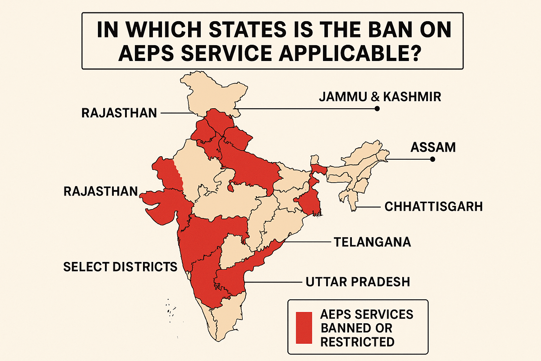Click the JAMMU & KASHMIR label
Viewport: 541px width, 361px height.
pos(380,97)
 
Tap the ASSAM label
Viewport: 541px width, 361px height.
pos(433,147)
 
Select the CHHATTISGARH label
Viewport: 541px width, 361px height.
pos(434,207)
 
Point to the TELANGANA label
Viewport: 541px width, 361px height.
pos(372,242)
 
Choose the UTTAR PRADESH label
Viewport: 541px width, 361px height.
pos(358,282)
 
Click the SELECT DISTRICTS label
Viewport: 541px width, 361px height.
pos(120,267)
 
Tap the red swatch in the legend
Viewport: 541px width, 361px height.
pos(304,328)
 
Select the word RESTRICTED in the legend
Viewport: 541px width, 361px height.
pos(357,342)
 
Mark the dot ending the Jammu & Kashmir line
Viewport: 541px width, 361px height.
pos(377,109)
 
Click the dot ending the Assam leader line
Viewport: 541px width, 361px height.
pos(433,159)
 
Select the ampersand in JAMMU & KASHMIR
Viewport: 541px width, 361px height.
pos(375,97)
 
